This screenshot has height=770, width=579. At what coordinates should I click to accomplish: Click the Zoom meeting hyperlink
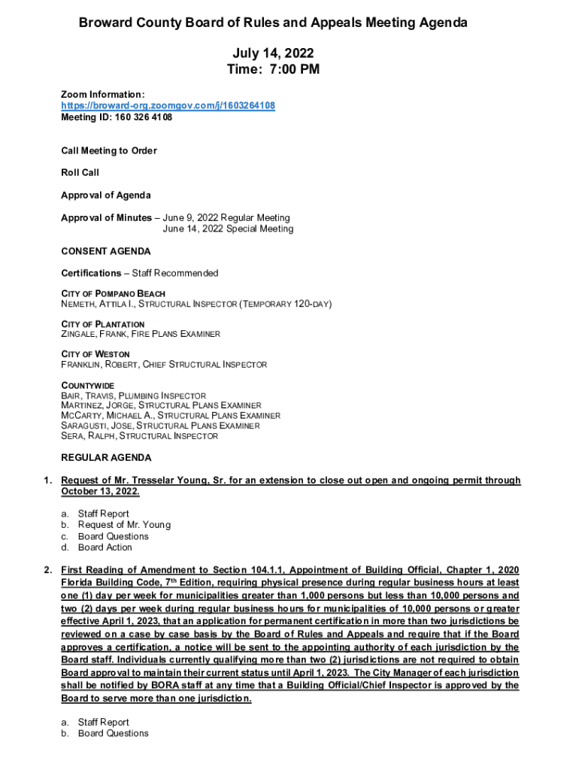[x=168, y=106]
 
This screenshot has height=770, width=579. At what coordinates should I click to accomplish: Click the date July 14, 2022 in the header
[x=273, y=53]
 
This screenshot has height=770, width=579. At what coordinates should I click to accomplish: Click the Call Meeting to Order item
[x=109, y=151]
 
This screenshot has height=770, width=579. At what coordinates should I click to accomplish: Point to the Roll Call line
[x=80, y=173]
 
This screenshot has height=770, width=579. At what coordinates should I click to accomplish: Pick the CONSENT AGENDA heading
[x=106, y=251]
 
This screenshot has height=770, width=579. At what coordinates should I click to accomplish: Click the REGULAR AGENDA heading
[x=106, y=458]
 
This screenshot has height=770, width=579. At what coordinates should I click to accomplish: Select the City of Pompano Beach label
[x=114, y=293]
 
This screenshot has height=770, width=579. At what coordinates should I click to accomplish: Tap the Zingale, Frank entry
[x=91, y=335]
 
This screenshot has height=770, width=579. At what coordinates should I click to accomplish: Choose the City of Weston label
[x=95, y=354]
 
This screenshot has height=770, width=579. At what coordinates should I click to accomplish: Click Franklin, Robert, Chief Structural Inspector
[x=164, y=365]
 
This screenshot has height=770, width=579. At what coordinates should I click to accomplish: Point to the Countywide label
[x=88, y=385]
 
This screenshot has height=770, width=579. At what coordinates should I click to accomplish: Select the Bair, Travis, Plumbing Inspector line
[x=133, y=396]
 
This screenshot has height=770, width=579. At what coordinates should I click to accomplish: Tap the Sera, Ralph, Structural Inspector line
[x=140, y=436]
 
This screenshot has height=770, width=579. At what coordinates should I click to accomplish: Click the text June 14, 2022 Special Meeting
[x=229, y=229]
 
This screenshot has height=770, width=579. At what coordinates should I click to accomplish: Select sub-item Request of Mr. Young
[x=124, y=525]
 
